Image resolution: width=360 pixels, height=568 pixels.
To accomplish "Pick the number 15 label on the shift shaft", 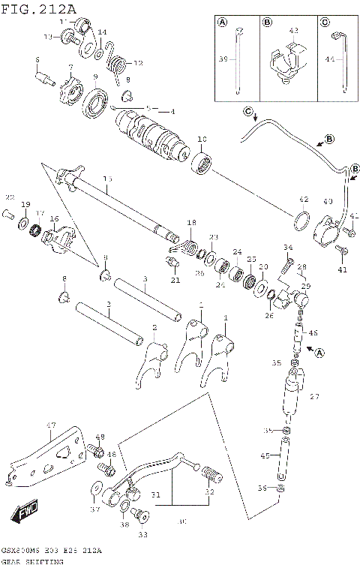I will (x=107, y=179).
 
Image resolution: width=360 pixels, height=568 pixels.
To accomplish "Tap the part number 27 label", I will (x=313, y=397).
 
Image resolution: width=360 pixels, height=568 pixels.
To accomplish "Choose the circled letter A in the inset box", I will (x=222, y=23).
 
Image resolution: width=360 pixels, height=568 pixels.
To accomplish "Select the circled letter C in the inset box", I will (x=323, y=23).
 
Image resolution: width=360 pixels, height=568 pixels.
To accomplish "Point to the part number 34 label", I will (x=287, y=247).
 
